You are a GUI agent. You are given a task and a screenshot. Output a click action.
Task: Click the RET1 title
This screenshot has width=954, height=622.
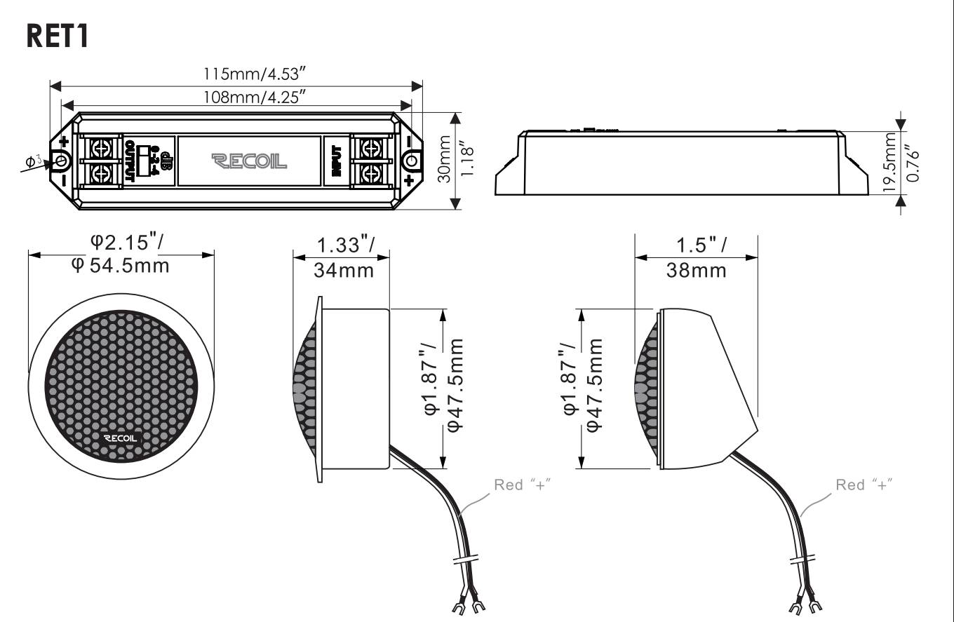pos(58,36)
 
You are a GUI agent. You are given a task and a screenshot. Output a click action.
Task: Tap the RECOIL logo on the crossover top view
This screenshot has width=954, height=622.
pos(249,161)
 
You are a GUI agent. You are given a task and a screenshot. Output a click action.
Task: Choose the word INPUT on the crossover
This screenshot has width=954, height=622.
pos(337,161)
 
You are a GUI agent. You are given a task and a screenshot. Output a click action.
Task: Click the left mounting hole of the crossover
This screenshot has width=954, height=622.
pos(61,161)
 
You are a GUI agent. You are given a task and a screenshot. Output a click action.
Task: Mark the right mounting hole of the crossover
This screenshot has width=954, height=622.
pos(411,161)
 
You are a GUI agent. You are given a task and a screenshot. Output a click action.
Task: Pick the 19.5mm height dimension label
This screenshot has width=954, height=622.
pos(889,161)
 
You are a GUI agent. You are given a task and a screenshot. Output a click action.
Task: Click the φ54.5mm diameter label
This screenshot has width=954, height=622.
pos(120,266)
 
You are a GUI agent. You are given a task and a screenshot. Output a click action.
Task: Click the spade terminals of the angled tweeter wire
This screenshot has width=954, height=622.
pos(806,604)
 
